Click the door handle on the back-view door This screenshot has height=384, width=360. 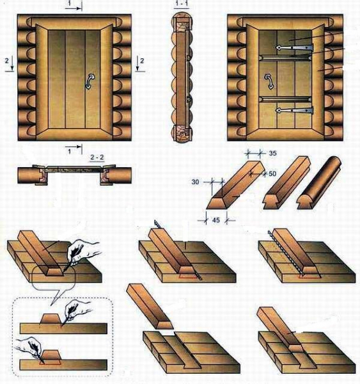tap(269, 81)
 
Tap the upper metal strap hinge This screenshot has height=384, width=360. tap(294, 47)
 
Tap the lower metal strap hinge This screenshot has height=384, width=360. tap(294, 111)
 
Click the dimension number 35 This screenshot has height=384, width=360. tap(272, 153)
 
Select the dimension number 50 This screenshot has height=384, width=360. tap(272, 173)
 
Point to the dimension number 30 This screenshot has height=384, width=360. tap(195, 182)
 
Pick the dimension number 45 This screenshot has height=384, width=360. tap(215, 220)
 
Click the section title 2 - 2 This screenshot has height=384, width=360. tap(97, 157)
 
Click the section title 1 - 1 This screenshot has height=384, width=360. tap(182, 3)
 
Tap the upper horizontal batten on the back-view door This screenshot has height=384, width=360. tap(285, 58)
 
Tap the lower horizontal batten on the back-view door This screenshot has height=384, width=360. tap(285, 99)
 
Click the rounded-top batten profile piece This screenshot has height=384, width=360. tap(318, 182)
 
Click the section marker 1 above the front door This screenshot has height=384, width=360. tap(70, 3)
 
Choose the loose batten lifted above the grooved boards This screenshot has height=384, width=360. tap(150, 306)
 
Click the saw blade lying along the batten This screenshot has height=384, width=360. tap(286, 253)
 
